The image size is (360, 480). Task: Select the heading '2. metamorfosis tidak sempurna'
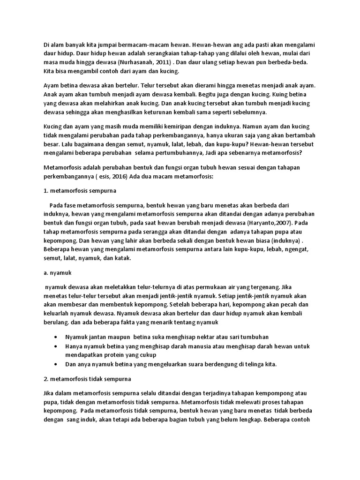[87, 378]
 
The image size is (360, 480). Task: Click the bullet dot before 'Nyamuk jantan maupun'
[57, 337]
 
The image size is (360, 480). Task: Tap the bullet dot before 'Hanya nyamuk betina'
[57, 346]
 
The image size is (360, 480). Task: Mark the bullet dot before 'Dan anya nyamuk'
[57, 364]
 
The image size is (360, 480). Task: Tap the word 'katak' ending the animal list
[123, 258]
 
